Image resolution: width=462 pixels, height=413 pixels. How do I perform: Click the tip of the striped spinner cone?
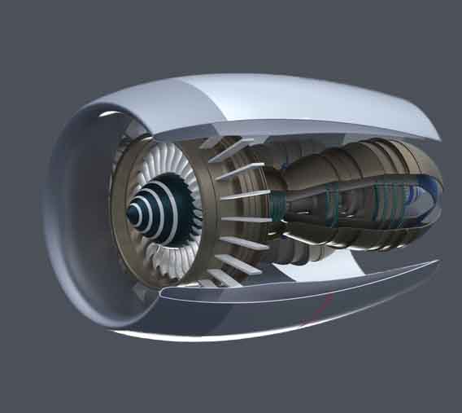(131, 214)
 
